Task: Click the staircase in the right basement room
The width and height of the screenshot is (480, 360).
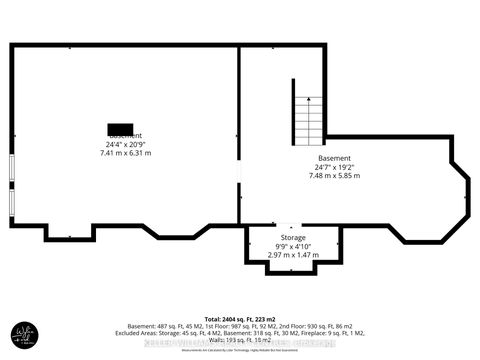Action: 308,116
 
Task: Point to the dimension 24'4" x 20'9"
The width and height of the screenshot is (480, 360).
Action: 125,144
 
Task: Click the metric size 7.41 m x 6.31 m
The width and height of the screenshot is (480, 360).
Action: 125,153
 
